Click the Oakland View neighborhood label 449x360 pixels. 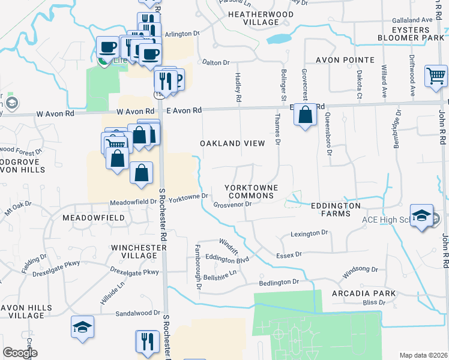tap(232, 143)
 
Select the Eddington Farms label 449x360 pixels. tap(336, 209)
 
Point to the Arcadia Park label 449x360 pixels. tap(364, 293)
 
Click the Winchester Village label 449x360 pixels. tap(134, 251)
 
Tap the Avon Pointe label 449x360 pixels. tap(345, 60)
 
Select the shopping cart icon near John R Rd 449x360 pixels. tap(436, 77)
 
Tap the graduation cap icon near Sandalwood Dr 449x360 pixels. tap(82, 328)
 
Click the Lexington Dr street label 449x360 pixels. tap(310, 233)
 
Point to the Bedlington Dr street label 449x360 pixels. tap(279, 282)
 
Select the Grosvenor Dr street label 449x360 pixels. tap(232, 204)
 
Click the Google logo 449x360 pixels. tap(20, 353)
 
